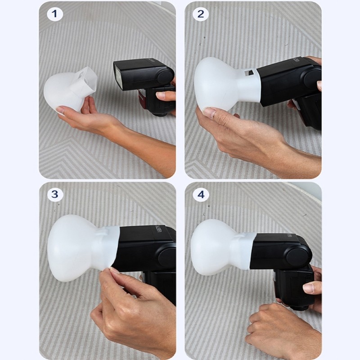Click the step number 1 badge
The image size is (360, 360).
click(55, 14)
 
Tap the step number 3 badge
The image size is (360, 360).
click(55, 194)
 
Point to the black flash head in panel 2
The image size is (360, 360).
click(288, 83)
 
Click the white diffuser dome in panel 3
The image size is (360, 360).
click(72, 247)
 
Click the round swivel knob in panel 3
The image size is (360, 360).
click(167, 256)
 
